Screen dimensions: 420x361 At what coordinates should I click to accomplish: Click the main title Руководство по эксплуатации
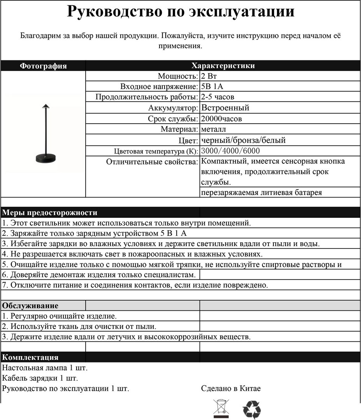(x=180, y=12)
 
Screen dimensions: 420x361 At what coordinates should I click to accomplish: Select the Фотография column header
(x=43, y=66)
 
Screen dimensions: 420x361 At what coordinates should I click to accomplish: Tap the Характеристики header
(x=223, y=66)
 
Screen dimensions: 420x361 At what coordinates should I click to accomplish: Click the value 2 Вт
(x=209, y=76)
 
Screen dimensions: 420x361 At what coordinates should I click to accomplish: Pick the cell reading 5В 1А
(x=212, y=86)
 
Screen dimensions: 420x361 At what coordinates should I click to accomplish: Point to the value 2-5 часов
(x=218, y=97)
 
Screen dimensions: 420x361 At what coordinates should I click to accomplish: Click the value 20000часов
(x=221, y=119)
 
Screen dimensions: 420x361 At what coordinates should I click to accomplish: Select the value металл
(x=214, y=129)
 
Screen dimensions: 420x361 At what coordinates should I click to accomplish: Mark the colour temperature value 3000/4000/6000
(x=231, y=151)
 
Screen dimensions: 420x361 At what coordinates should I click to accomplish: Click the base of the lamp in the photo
(x=46, y=157)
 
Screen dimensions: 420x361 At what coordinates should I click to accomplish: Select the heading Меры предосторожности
(x=50, y=213)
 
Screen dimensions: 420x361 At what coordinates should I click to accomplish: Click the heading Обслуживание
(x=30, y=306)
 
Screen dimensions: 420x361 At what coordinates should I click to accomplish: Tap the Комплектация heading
(x=30, y=357)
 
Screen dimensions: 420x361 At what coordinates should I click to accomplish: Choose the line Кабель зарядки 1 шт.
(x=40, y=378)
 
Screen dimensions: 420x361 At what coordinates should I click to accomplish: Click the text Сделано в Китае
(x=231, y=388)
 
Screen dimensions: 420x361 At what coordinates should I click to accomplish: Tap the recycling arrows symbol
(x=252, y=409)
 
